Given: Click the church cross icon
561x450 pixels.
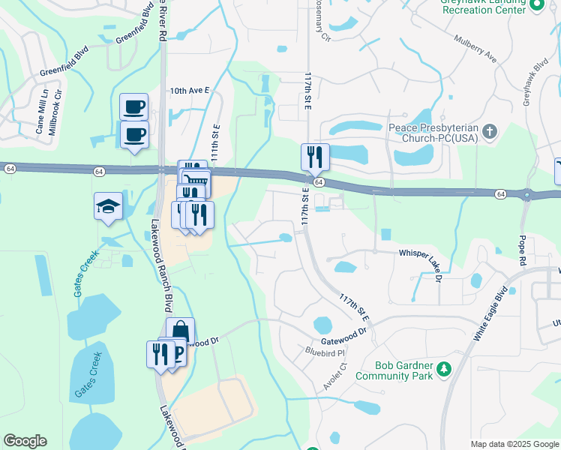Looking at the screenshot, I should [x=490, y=132].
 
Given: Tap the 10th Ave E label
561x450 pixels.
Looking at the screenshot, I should [x=187, y=90].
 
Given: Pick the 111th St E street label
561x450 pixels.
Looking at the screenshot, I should [x=215, y=142].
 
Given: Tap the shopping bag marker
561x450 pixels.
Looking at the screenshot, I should [x=180, y=330].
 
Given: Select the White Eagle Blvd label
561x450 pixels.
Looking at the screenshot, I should [x=490, y=314].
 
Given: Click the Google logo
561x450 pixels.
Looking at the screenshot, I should [x=25, y=441].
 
